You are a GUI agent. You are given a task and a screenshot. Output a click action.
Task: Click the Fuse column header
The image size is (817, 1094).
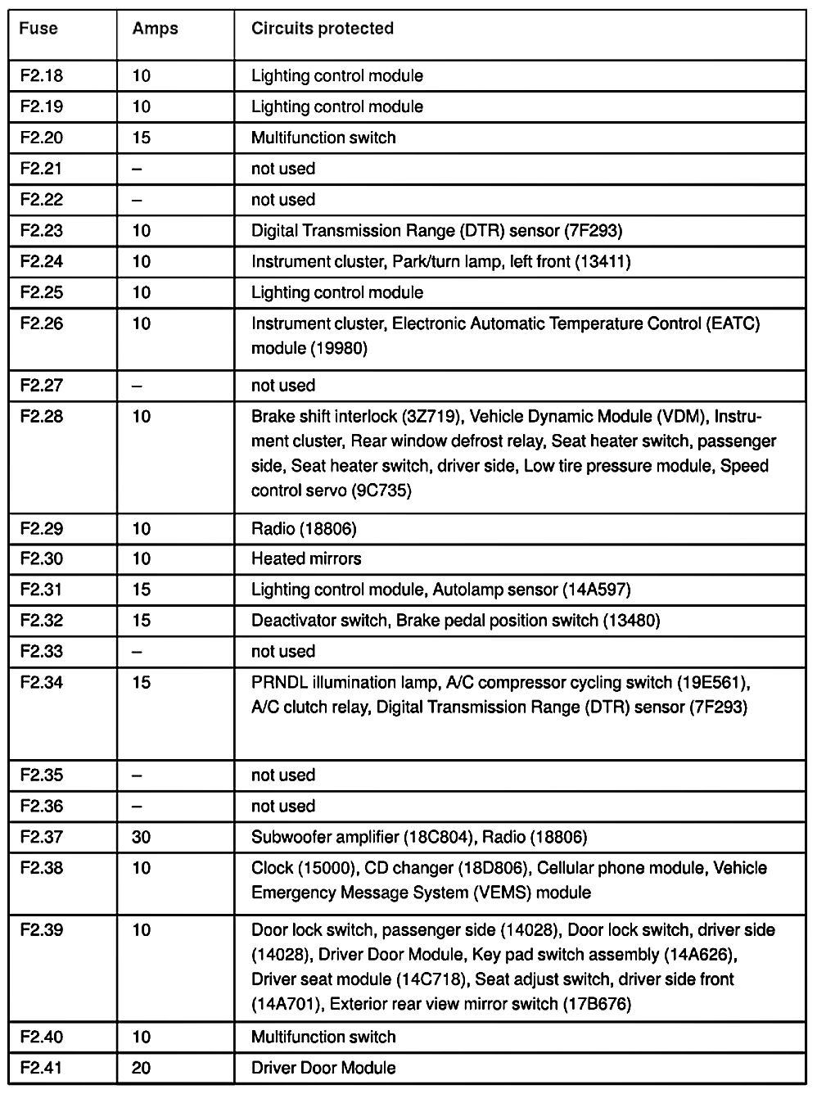pos(38,29)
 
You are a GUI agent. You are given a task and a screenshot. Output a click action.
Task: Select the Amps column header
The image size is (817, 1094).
pos(155,29)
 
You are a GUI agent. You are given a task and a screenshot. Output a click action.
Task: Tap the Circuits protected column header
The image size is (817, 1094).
pos(322,29)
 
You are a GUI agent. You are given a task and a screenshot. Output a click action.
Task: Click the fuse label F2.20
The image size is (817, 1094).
pos(42,138)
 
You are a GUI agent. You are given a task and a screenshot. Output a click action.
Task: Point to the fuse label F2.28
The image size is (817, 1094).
pos(42,417)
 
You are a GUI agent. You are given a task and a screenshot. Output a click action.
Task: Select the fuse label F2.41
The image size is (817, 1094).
pos(42,1068)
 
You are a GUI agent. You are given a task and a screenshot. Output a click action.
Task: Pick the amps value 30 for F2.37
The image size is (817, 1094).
pos(142,837)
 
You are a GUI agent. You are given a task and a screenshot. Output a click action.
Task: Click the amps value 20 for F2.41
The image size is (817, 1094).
pos(142,1068)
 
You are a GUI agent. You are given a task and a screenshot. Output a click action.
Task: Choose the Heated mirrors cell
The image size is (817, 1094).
pos(306,558)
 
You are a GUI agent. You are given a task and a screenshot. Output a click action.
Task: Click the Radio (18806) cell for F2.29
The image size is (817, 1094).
pos(304,529)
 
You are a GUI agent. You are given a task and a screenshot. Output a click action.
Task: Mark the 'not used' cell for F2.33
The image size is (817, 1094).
pos(282,652)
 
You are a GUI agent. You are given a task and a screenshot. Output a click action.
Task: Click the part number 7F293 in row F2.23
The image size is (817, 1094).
pos(594,231)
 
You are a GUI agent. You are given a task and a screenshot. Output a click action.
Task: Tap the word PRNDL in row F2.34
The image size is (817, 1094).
pos(278,683)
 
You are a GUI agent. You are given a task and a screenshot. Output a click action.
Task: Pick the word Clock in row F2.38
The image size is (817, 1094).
pos(272,868)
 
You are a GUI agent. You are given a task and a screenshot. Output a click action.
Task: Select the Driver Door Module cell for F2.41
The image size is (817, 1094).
pos(323,1068)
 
